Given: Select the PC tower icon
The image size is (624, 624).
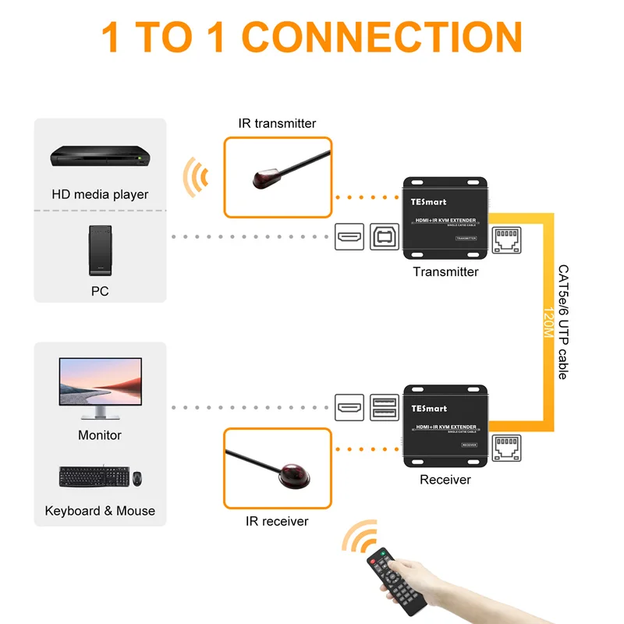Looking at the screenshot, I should click(x=100, y=250).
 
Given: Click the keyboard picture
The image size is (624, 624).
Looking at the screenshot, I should click(x=92, y=477).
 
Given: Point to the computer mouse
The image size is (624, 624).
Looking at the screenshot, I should click(x=136, y=478).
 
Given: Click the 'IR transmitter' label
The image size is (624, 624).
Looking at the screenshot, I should click(x=277, y=123).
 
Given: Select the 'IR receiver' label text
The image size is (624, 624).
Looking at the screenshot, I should click(x=278, y=521).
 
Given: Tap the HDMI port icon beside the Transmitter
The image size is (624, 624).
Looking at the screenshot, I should click(x=349, y=236).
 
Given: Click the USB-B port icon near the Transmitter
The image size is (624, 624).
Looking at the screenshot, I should click(x=385, y=236).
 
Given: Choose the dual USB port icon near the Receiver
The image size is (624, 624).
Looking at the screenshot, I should click(x=385, y=407).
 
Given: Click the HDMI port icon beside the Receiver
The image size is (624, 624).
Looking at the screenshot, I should click(x=349, y=407).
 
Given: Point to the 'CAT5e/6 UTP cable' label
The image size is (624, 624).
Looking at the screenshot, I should click(x=563, y=321).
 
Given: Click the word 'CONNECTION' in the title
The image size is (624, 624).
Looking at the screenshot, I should click(x=387, y=37).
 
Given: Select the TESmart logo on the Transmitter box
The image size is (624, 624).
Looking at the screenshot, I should click(x=429, y=201).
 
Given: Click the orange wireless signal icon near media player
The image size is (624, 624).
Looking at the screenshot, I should click(x=195, y=178).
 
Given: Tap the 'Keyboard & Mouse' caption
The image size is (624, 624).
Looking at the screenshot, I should click(x=100, y=511).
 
